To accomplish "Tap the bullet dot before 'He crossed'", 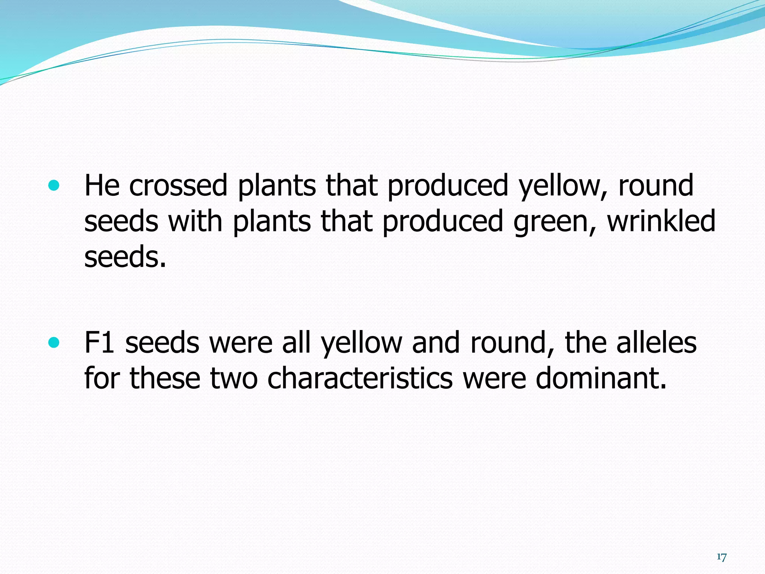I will click(x=54, y=185).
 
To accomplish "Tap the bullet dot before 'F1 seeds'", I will click(x=54, y=342).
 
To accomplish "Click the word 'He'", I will click(x=102, y=185).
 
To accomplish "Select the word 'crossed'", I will click(x=178, y=185).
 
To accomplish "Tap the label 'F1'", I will click(x=99, y=342).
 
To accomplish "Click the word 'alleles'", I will click(x=656, y=342).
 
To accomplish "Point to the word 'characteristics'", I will click(x=360, y=378).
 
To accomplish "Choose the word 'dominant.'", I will click(x=601, y=378).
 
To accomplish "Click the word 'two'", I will click(x=234, y=378).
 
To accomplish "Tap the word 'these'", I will click(x=165, y=378).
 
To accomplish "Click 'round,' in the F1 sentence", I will click(x=512, y=343).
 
